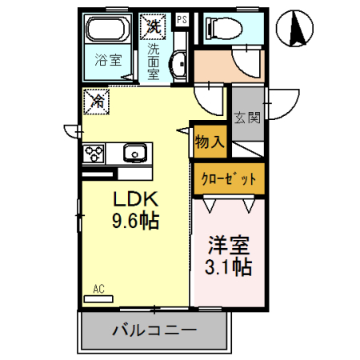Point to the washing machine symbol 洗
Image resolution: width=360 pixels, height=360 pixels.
pyautogui.click(x=153, y=26)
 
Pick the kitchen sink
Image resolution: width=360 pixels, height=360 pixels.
pyautogui.click(x=134, y=150)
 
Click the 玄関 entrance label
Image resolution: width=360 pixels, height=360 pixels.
pyautogui.click(x=246, y=118)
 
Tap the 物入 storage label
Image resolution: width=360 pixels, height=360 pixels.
pyautogui.click(x=208, y=143)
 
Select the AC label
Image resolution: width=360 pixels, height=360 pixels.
pyautogui.click(x=99, y=289)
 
